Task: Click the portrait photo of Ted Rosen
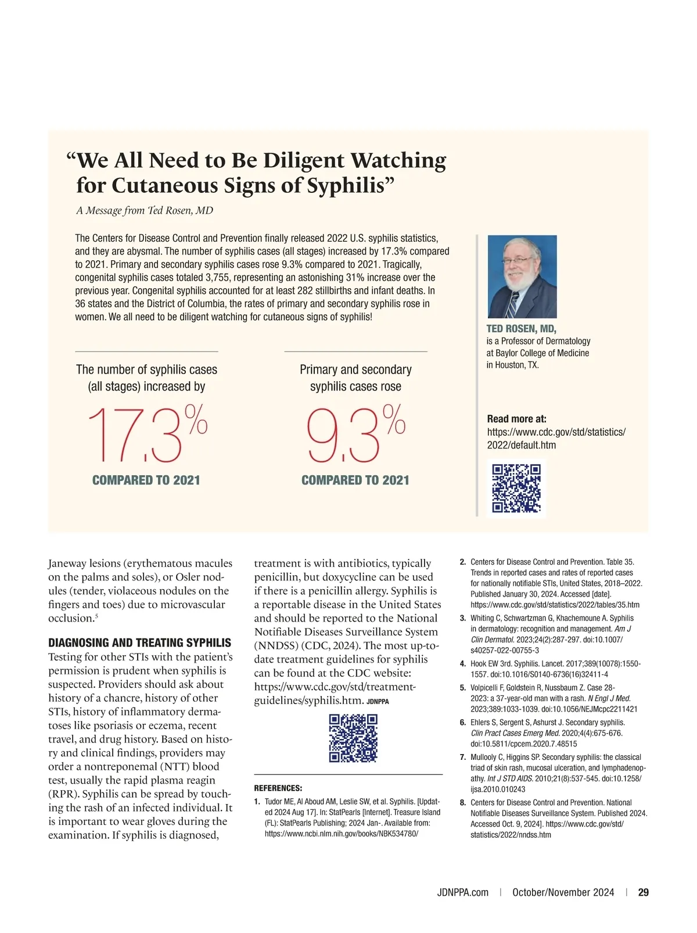pyautogui.click(x=522, y=276)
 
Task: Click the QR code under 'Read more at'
pyautogui.click(x=516, y=488)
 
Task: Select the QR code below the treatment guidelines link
pyautogui.click(x=353, y=738)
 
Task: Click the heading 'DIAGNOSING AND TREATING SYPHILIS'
pyautogui.click(x=139, y=643)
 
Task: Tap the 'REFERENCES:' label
pyautogui.click(x=278, y=788)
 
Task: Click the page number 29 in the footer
pyautogui.click(x=644, y=892)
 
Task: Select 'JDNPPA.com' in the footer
pyautogui.click(x=462, y=892)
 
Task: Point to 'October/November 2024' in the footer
pyautogui.click(x=563, y=892)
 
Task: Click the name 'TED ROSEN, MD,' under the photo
pyautogui.click(x=521, y=329)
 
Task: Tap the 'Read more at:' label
pyautogui.click(x=516, y=419)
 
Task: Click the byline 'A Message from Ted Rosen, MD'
pyautogui.click(x=145, y=210)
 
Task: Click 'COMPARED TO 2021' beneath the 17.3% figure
pyautogui.click(x=146, y=480)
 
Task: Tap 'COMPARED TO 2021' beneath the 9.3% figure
pyautogui.click(x=355, y=480)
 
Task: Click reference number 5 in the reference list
pyautogui.click(x=463, y=688)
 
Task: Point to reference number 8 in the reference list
pyautogui.click(x=463, y=803)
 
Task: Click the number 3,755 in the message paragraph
pyautogui.click(x=219, y=278)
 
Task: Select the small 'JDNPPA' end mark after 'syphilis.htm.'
pyautogui.click(x=378, y=702)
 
